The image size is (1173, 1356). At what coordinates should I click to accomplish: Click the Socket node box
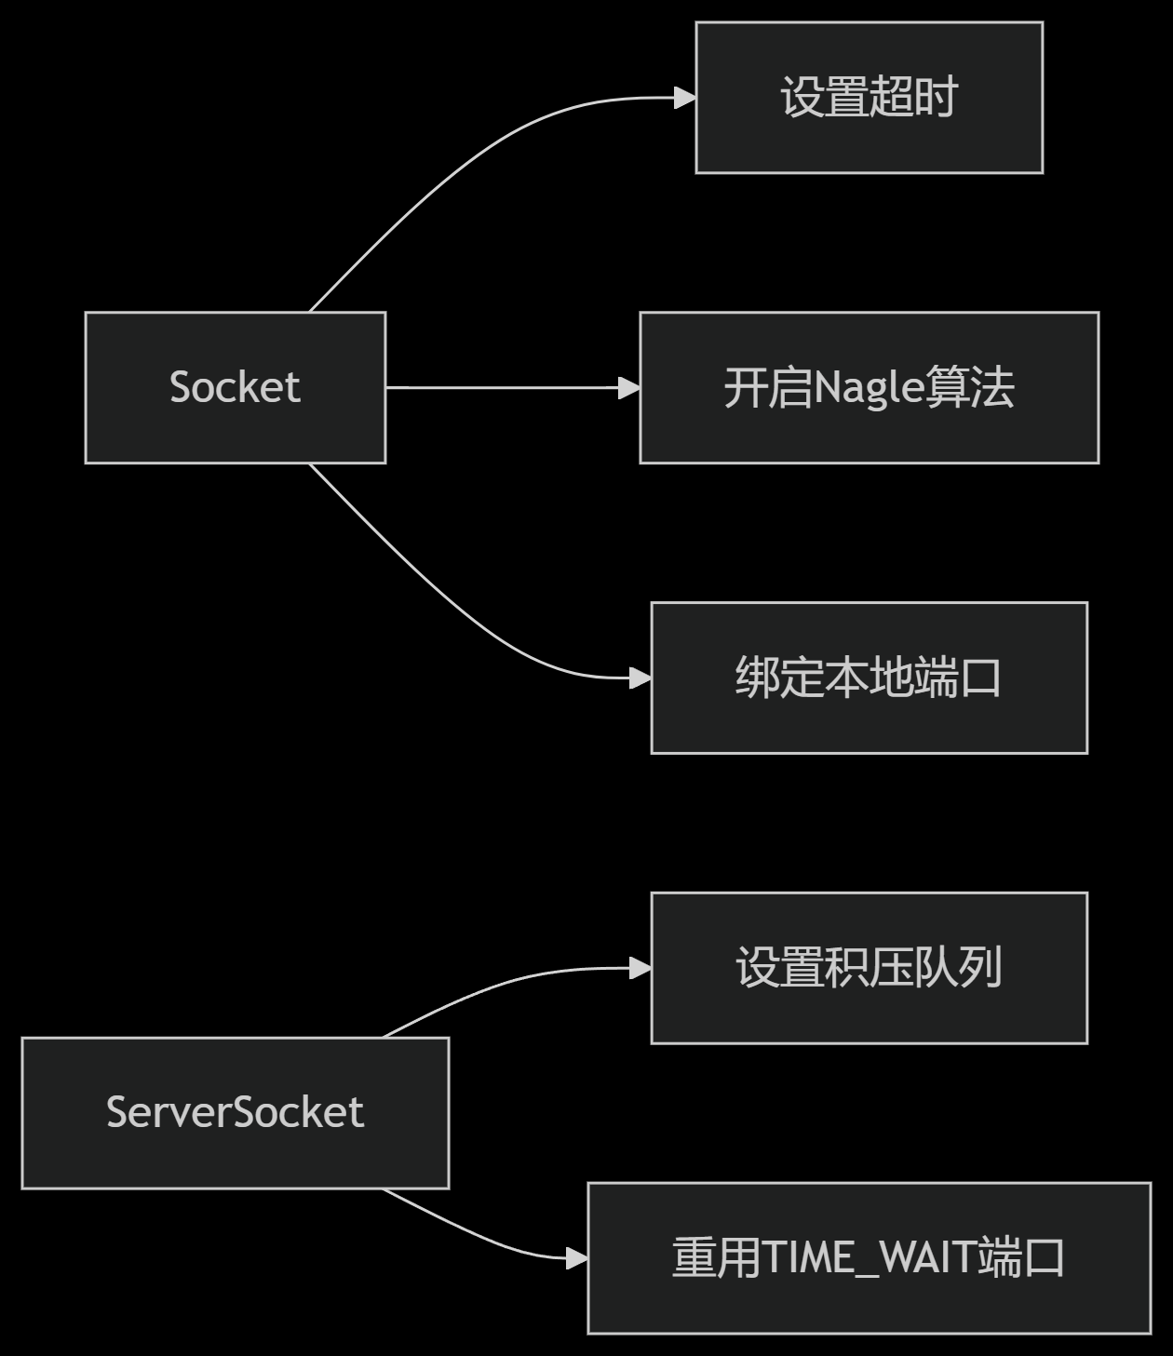pos(235,387)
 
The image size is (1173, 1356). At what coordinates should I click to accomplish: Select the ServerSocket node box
pos(235,1112)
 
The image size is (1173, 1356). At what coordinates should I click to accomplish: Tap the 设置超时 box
pos(869,98)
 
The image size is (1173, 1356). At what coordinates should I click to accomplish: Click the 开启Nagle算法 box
pos(869,387)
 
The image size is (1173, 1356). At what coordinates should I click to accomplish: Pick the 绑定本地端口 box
pos(869,678)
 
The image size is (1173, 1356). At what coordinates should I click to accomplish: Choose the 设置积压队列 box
pos(869,968)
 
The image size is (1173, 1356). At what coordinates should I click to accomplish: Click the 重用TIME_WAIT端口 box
pos(869,1258)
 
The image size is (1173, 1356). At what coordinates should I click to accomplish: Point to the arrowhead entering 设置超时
pos(685,98)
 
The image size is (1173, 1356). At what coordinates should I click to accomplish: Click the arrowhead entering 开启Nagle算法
pos(629,387)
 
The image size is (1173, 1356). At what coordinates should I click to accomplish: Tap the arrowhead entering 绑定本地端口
pos(640,678)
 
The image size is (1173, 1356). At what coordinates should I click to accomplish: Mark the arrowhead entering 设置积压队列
pos(640,968)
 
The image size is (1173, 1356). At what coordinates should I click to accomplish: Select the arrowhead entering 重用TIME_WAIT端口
pos(577,1258)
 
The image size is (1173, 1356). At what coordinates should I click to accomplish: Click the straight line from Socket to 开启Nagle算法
pos(503,387)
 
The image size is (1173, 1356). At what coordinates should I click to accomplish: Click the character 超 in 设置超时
pos(891,98)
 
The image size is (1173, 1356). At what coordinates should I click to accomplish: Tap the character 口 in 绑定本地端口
pos(980,678)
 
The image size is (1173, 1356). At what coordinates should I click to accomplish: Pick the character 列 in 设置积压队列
pos(980,968)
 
